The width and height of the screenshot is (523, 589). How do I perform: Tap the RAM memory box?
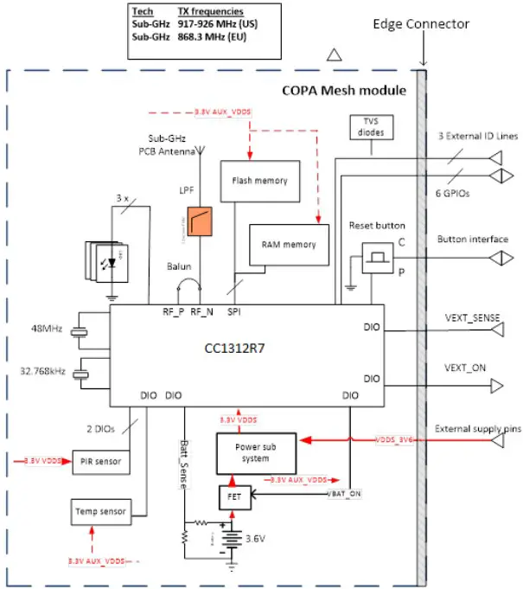click(x=289, y=245)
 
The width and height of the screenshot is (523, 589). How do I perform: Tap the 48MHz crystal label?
click(x=48, y=329)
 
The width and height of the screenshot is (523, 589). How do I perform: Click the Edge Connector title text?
click(x=420, y=23)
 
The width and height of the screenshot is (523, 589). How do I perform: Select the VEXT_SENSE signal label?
click(x=467, y=317)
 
